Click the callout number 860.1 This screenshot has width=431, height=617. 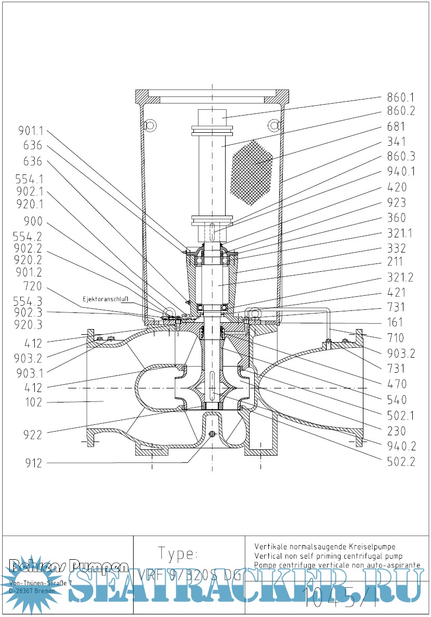(400, 97)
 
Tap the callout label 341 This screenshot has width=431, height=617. (396, 142)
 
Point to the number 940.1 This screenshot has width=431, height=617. (400, 172)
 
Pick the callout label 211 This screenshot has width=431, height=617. (396, 263)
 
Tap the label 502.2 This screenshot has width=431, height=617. (400, 461)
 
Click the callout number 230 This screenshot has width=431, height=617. (396, 431)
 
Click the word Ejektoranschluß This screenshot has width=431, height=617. (105, 299)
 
